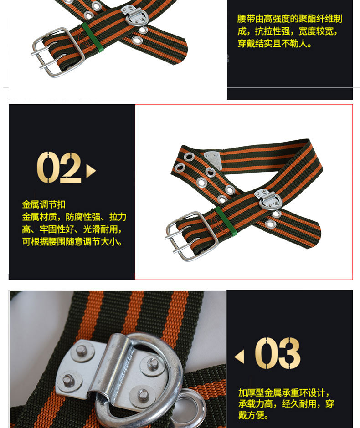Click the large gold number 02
point(59,167)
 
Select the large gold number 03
point(278,353)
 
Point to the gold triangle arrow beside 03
point(240,357)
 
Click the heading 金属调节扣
point(44,204)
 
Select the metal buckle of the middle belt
point(191,236)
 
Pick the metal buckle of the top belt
point(57,52)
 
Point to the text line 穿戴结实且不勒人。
point(274,43)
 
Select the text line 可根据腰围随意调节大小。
point(72,242)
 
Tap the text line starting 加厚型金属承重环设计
point(284,393)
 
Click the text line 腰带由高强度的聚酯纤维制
point(290,19)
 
